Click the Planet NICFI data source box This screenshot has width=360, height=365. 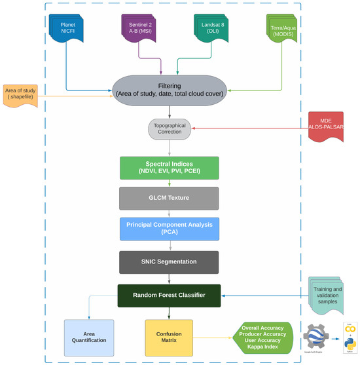pyautogui.click(x=67, y=28)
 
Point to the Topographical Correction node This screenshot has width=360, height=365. pyautogui.click(x=170, y=128)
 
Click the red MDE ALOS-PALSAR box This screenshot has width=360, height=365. pyautogui.click(x=332, y=127)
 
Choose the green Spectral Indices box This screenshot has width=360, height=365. pyautogui.click(x=170, y=167)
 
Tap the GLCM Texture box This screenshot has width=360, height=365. pyautogui.click(x=170, y=197)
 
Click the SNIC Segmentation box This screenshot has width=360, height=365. pyautogui.click(x=170, y=262)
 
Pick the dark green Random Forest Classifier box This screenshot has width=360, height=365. pyautogui.click(x=170, y=295)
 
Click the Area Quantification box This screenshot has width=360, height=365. pyautogui.click(x=89, y=337)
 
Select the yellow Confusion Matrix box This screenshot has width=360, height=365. pyautogui.click(x=169, y=337)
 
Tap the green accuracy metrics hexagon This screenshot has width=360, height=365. pyautogui.click(x=261, y=337)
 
